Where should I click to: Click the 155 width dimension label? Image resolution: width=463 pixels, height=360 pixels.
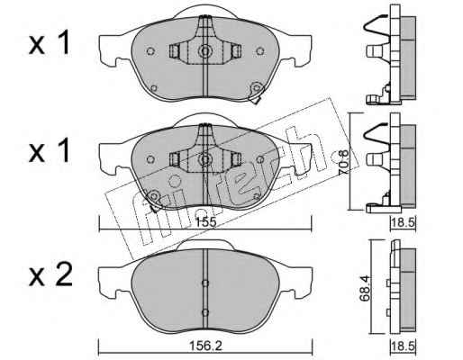click(x=206, y=222)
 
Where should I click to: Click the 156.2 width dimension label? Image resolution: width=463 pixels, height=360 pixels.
click(x=205, y=346)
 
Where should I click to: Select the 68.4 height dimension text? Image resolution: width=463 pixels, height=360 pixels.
click(x=365, y=288)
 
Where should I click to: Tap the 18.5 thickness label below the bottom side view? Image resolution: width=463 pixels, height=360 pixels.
click(x=403, y=346)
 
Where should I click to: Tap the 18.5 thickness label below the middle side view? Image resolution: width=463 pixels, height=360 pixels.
click(x=403, y=223)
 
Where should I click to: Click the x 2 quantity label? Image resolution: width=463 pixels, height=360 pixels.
click(x=50, y=274)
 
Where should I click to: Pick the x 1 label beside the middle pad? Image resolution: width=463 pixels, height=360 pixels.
click(x=50, y=151)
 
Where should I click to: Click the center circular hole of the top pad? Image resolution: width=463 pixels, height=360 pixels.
click(x=205, y=51)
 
